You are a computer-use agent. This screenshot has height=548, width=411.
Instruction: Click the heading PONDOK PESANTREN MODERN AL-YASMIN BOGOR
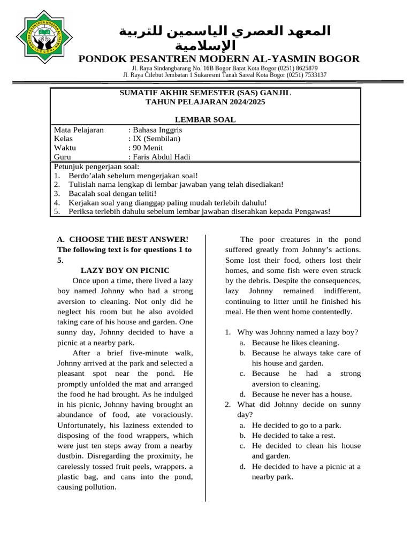click(x=219, y=59)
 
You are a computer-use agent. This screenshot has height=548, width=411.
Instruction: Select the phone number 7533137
click(x=312, y=75)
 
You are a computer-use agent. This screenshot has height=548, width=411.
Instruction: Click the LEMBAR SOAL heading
click(x=205, y=119)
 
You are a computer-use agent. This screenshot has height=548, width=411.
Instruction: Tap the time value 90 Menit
click(x=148, y=148)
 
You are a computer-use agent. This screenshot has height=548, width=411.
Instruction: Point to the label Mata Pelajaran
click(x=79, y=130)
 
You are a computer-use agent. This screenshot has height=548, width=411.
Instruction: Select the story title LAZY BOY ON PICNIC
click(x=125, y=270)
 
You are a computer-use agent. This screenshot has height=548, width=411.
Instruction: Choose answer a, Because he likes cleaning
click(x=295, y=342)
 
